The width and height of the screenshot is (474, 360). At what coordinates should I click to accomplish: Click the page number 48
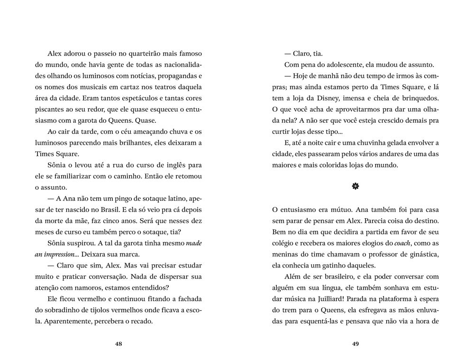click(118, 344)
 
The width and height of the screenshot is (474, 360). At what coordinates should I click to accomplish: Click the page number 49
click(355, 344)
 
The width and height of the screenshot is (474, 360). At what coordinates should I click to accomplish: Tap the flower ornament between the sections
click(355, 188)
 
